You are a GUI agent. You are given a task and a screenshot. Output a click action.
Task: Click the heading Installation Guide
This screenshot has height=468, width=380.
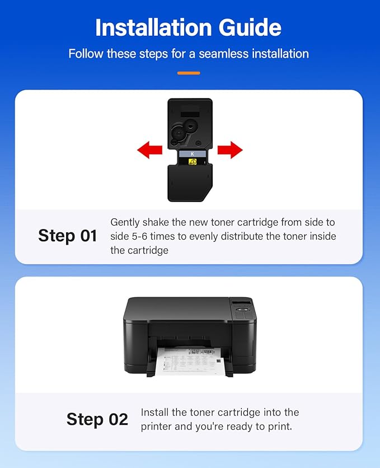(x=189, y=27)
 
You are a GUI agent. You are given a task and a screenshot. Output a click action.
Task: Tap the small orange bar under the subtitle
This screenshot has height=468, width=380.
(x=189, y=73)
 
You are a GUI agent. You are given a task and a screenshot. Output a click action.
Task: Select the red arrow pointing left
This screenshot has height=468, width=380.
(x=149, y=149)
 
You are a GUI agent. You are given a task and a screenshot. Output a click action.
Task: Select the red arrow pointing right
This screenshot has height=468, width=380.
(x=229, y=149)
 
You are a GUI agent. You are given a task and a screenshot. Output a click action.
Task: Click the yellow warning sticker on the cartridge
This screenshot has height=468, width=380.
(x=193, y=162)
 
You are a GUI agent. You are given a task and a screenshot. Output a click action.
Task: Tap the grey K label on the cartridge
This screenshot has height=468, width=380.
(x=193, y=153)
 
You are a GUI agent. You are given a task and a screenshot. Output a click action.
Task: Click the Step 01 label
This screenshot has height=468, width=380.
(x=67, y=236)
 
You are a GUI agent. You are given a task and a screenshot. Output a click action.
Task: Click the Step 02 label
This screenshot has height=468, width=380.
(x=97, y=419)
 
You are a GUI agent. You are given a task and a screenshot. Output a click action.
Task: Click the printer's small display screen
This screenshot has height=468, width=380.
(x=241, y=305)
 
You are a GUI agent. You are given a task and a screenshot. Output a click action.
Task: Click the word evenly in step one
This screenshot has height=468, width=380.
(x=204, y=236)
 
